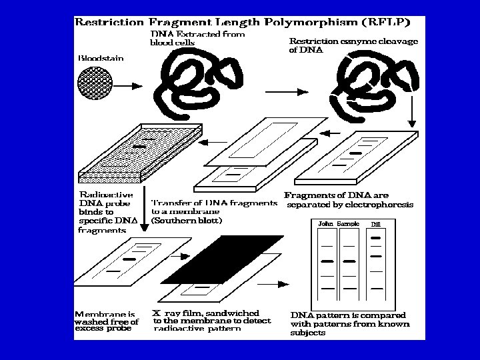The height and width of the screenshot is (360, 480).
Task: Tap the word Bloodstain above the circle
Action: [x=101, y=59]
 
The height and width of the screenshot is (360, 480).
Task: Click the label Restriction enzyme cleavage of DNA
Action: [x=353, y=45]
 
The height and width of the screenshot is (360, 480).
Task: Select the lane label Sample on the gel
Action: [x=348, y=224]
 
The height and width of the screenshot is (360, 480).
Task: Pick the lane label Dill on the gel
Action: [x=375, y=225]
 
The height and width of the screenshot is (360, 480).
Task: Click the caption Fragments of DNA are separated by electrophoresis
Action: [x=349, y=199]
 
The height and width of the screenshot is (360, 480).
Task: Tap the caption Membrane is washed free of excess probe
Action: [x=107, y=321]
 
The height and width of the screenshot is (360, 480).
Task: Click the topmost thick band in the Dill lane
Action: [x=375, y=237]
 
